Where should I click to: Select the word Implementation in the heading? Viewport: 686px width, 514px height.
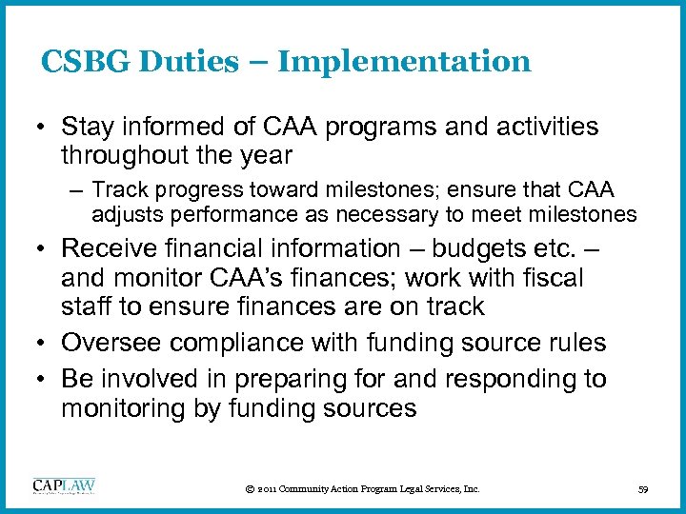coord(404,62)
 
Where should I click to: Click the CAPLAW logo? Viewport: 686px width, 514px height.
coord(64,486)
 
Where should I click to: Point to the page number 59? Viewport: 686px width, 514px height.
coord(642,489)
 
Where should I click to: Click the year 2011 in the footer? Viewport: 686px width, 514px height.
coord(270,489)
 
